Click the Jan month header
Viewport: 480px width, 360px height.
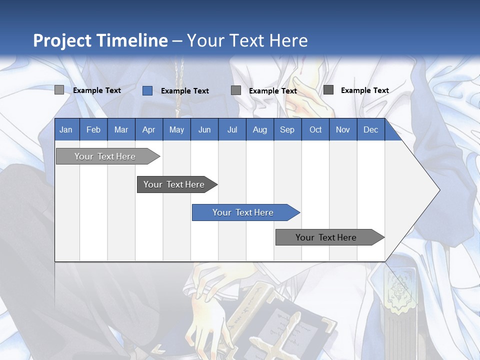click(x=66, y=130)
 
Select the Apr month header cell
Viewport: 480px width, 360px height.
click(x=149, y=130)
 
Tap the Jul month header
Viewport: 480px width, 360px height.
click(x=232, y=130)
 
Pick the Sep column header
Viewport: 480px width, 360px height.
click(x=287, y=130)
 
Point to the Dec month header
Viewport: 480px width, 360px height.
click(x=370, y=130)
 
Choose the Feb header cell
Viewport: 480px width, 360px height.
click(x=93, y=130)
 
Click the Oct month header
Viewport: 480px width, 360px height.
click(x=315, y=130)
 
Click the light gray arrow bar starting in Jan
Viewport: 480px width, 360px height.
click(x=105, y=156)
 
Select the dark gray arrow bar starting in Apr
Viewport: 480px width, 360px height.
click(x=174, y=184)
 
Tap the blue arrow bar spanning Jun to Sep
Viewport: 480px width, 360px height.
click(x=243, y=212)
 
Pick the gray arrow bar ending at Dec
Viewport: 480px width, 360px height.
click(x=326, y=237)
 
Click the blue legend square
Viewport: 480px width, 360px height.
click(x=147, y=90)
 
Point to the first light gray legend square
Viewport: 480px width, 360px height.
click(x=59, y=90)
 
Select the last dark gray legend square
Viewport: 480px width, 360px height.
click(x=328, y=90)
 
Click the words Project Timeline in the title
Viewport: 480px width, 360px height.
click(x=100, y=40)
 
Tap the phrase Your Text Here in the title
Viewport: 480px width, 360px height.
click(x=247, y=40)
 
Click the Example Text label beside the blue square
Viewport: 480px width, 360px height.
click(x=185, y=91)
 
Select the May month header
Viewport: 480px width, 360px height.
click(x=176, y=130)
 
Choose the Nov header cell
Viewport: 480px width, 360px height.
click(x=343, y=130)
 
